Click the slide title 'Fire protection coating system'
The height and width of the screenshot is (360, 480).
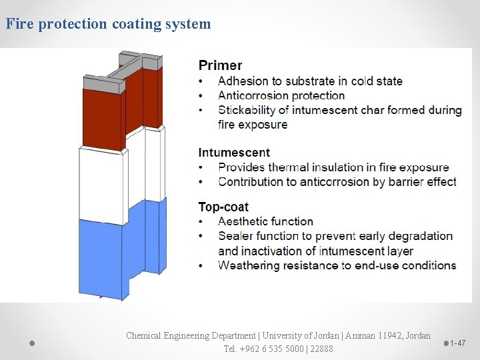click(108, 25)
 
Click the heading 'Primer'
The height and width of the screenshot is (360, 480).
click(220, 65)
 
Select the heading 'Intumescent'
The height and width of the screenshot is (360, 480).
click(234, 153)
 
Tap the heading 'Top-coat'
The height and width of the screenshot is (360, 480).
click(223, 207)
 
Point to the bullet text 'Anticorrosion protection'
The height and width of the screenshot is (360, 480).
click(281, 95)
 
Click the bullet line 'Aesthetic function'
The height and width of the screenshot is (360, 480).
click(265, 221)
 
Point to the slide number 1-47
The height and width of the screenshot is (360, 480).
click(458, 343)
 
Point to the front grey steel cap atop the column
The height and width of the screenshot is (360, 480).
click(104, 85)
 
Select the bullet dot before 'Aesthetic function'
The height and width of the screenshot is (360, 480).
click(202, 221)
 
